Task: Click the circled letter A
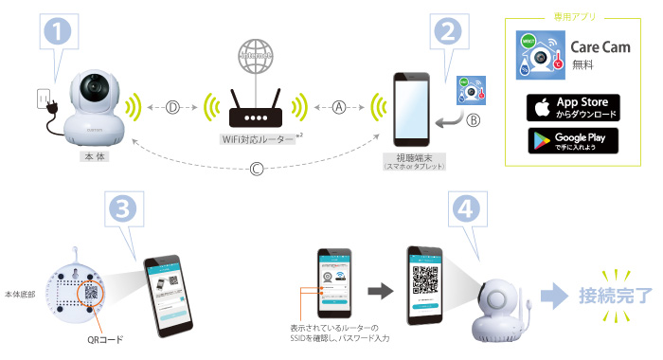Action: (343, 107)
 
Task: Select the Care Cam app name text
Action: (594, 46)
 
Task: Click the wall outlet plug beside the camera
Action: (41, 99)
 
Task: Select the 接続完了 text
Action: (616, 295)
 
